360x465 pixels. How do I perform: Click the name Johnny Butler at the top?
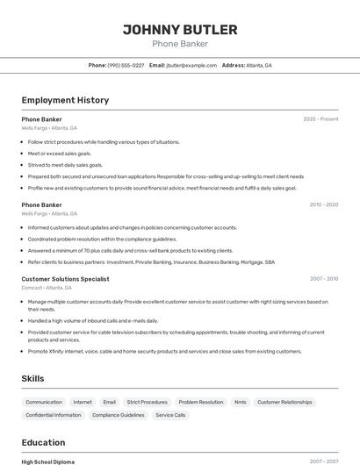click(179, 29)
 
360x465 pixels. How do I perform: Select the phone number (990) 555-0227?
click(126, 65)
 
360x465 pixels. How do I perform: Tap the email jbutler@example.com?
click(191, 65)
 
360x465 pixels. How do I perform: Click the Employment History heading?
click(65, 100)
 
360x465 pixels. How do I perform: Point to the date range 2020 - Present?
click(320, 119)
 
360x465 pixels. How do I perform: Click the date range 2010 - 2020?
click(323, 204)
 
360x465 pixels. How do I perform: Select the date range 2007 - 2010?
click(323, 279)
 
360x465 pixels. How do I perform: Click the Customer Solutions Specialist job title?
click(65, 279)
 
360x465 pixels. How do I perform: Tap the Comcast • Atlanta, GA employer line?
click(47, 288)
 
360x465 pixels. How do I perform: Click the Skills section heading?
click(33, 378)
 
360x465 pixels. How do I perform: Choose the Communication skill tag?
click(44, 402)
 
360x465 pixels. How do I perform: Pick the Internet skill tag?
click(83, 402)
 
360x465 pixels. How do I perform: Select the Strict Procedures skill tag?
click(147, 402)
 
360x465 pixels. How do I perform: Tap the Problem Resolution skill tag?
click(200, 402)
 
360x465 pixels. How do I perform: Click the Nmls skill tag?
click(240, 402)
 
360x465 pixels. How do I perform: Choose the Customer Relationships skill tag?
click(284, 402)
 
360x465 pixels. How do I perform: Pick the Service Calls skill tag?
click(170, 415)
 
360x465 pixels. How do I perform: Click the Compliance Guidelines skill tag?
click(119, 415)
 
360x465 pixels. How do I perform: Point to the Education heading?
click(43, 442)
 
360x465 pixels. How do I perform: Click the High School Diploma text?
click(48, 461)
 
